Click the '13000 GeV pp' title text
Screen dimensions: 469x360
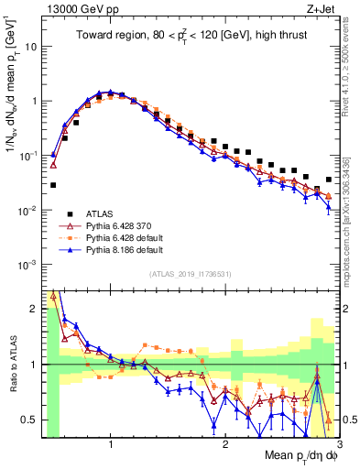click(x=76, y=9)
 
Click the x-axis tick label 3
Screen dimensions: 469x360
click(x=340, y=445)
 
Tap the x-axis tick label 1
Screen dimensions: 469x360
click(x=111, y=445)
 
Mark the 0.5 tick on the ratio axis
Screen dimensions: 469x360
click(x=31, y=420)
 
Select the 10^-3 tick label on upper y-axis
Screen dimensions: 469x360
click(x=27, y=265)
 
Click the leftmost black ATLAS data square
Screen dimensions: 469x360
click(x=53, y=185)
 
